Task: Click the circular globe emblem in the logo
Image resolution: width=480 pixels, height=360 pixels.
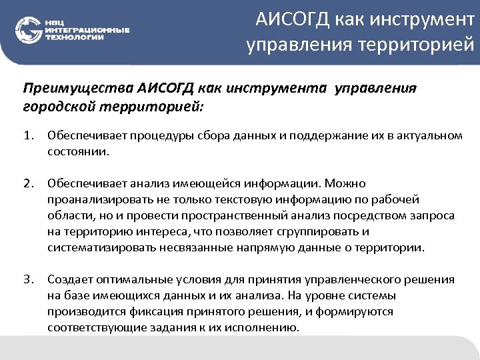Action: click(28, 29)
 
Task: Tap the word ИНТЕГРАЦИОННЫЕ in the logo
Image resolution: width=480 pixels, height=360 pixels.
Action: click(87, 30)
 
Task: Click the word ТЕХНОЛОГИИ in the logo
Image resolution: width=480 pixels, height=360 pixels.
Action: click(74, 37)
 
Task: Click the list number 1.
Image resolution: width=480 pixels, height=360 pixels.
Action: click(28, 136)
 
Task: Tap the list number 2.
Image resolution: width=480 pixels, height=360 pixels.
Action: click(28, 183)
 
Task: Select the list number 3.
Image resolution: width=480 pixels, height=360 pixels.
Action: click(28, 279)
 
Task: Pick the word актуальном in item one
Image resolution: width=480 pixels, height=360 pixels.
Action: click(431, 136)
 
